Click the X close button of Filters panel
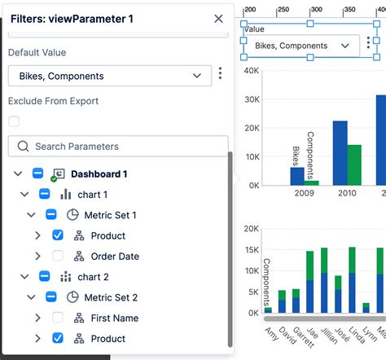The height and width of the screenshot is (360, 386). [218, 18]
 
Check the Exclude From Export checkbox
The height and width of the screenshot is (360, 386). [14, 121]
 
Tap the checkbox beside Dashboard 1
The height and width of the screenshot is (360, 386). [37, 173]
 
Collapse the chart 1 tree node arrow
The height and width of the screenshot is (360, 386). [24, 195]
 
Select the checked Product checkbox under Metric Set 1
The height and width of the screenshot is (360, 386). [58, 235]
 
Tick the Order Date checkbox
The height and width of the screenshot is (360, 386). [58, 256]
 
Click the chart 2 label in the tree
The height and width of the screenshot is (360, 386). [92, 277]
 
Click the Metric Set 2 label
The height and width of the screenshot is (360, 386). [110, 297]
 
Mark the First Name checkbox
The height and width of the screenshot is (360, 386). [58, 318]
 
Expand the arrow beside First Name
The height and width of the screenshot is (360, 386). [37, 318]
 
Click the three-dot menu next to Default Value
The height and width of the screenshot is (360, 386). [220, 75]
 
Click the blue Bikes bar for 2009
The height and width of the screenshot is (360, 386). [297, 176]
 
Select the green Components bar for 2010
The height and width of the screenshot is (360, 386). [354, 165]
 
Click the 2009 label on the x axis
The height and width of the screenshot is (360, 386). [303, 193]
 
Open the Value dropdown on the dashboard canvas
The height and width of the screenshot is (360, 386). [301, 46]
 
